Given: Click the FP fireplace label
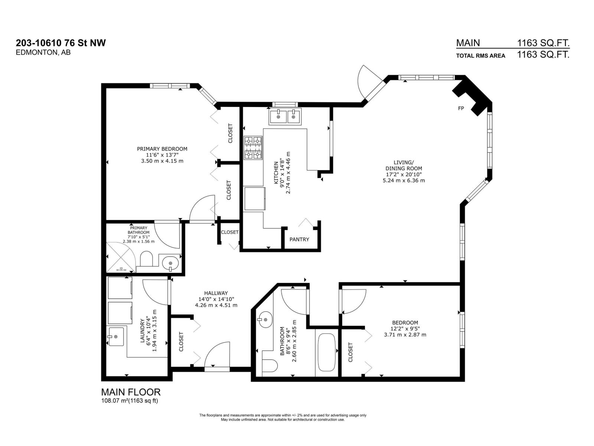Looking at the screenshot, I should pos(461,109).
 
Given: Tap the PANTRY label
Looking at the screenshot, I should pos(299,239).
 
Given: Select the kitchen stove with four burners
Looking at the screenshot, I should pos(253,148).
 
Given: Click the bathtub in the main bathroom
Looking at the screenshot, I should pos(327,352).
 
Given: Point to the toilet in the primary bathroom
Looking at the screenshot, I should pos(147,259).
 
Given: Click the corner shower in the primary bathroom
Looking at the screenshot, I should pos(120,256).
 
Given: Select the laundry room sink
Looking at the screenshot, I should pos(116,336).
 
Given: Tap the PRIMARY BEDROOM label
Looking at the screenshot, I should pos(162,149).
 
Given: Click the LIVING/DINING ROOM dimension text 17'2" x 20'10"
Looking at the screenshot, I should pos(404,174).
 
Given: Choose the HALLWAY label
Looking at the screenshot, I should pos(216,293).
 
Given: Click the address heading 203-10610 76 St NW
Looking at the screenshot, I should pos(61,43).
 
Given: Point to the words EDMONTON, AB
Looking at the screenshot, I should pos(43,53).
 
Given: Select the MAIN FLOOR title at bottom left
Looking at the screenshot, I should pos(131,392).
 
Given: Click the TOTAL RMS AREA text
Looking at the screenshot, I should pos(480,56).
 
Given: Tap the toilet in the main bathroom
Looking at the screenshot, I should pos(270,366).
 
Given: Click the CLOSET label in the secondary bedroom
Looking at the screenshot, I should pos(350,352).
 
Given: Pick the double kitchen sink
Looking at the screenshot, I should pos(285,117).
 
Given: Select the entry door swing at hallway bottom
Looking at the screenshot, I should pos(217,355).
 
